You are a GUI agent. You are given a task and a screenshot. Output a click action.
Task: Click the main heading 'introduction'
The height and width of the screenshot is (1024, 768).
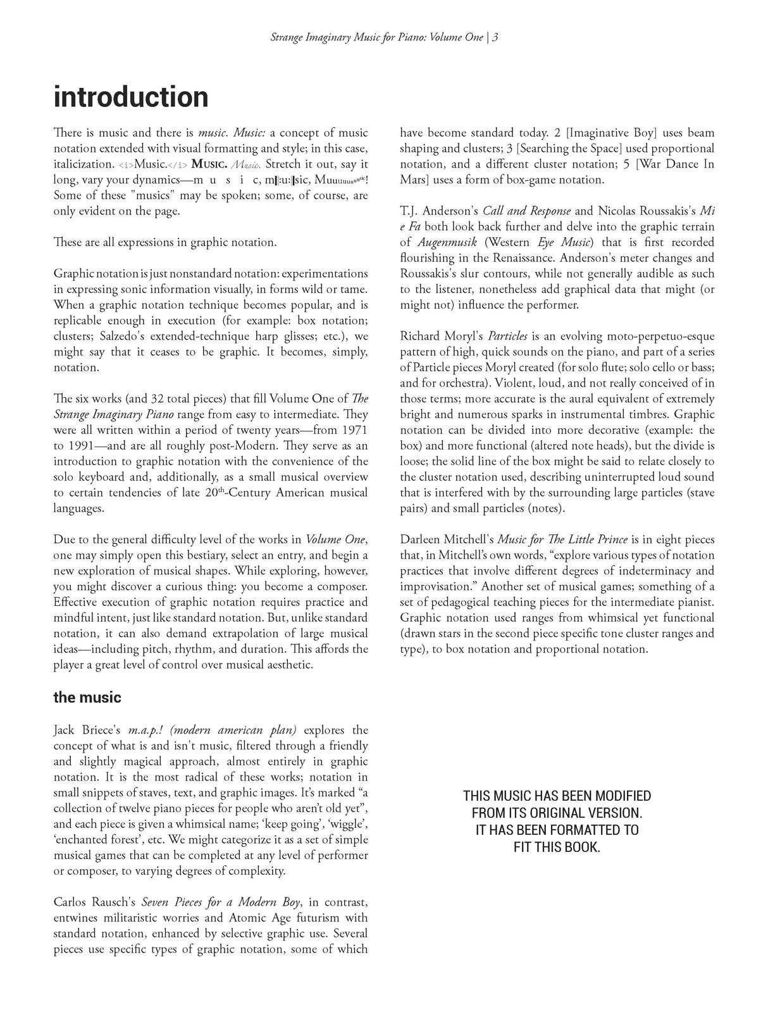point(131,97)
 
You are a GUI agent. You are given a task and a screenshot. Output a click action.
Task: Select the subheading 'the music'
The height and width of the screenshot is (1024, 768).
point(87,698)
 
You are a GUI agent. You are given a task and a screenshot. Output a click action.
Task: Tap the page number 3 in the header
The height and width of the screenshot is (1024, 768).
point(495,37)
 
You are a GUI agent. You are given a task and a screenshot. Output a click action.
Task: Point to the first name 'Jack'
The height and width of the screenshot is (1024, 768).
point(66,730)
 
